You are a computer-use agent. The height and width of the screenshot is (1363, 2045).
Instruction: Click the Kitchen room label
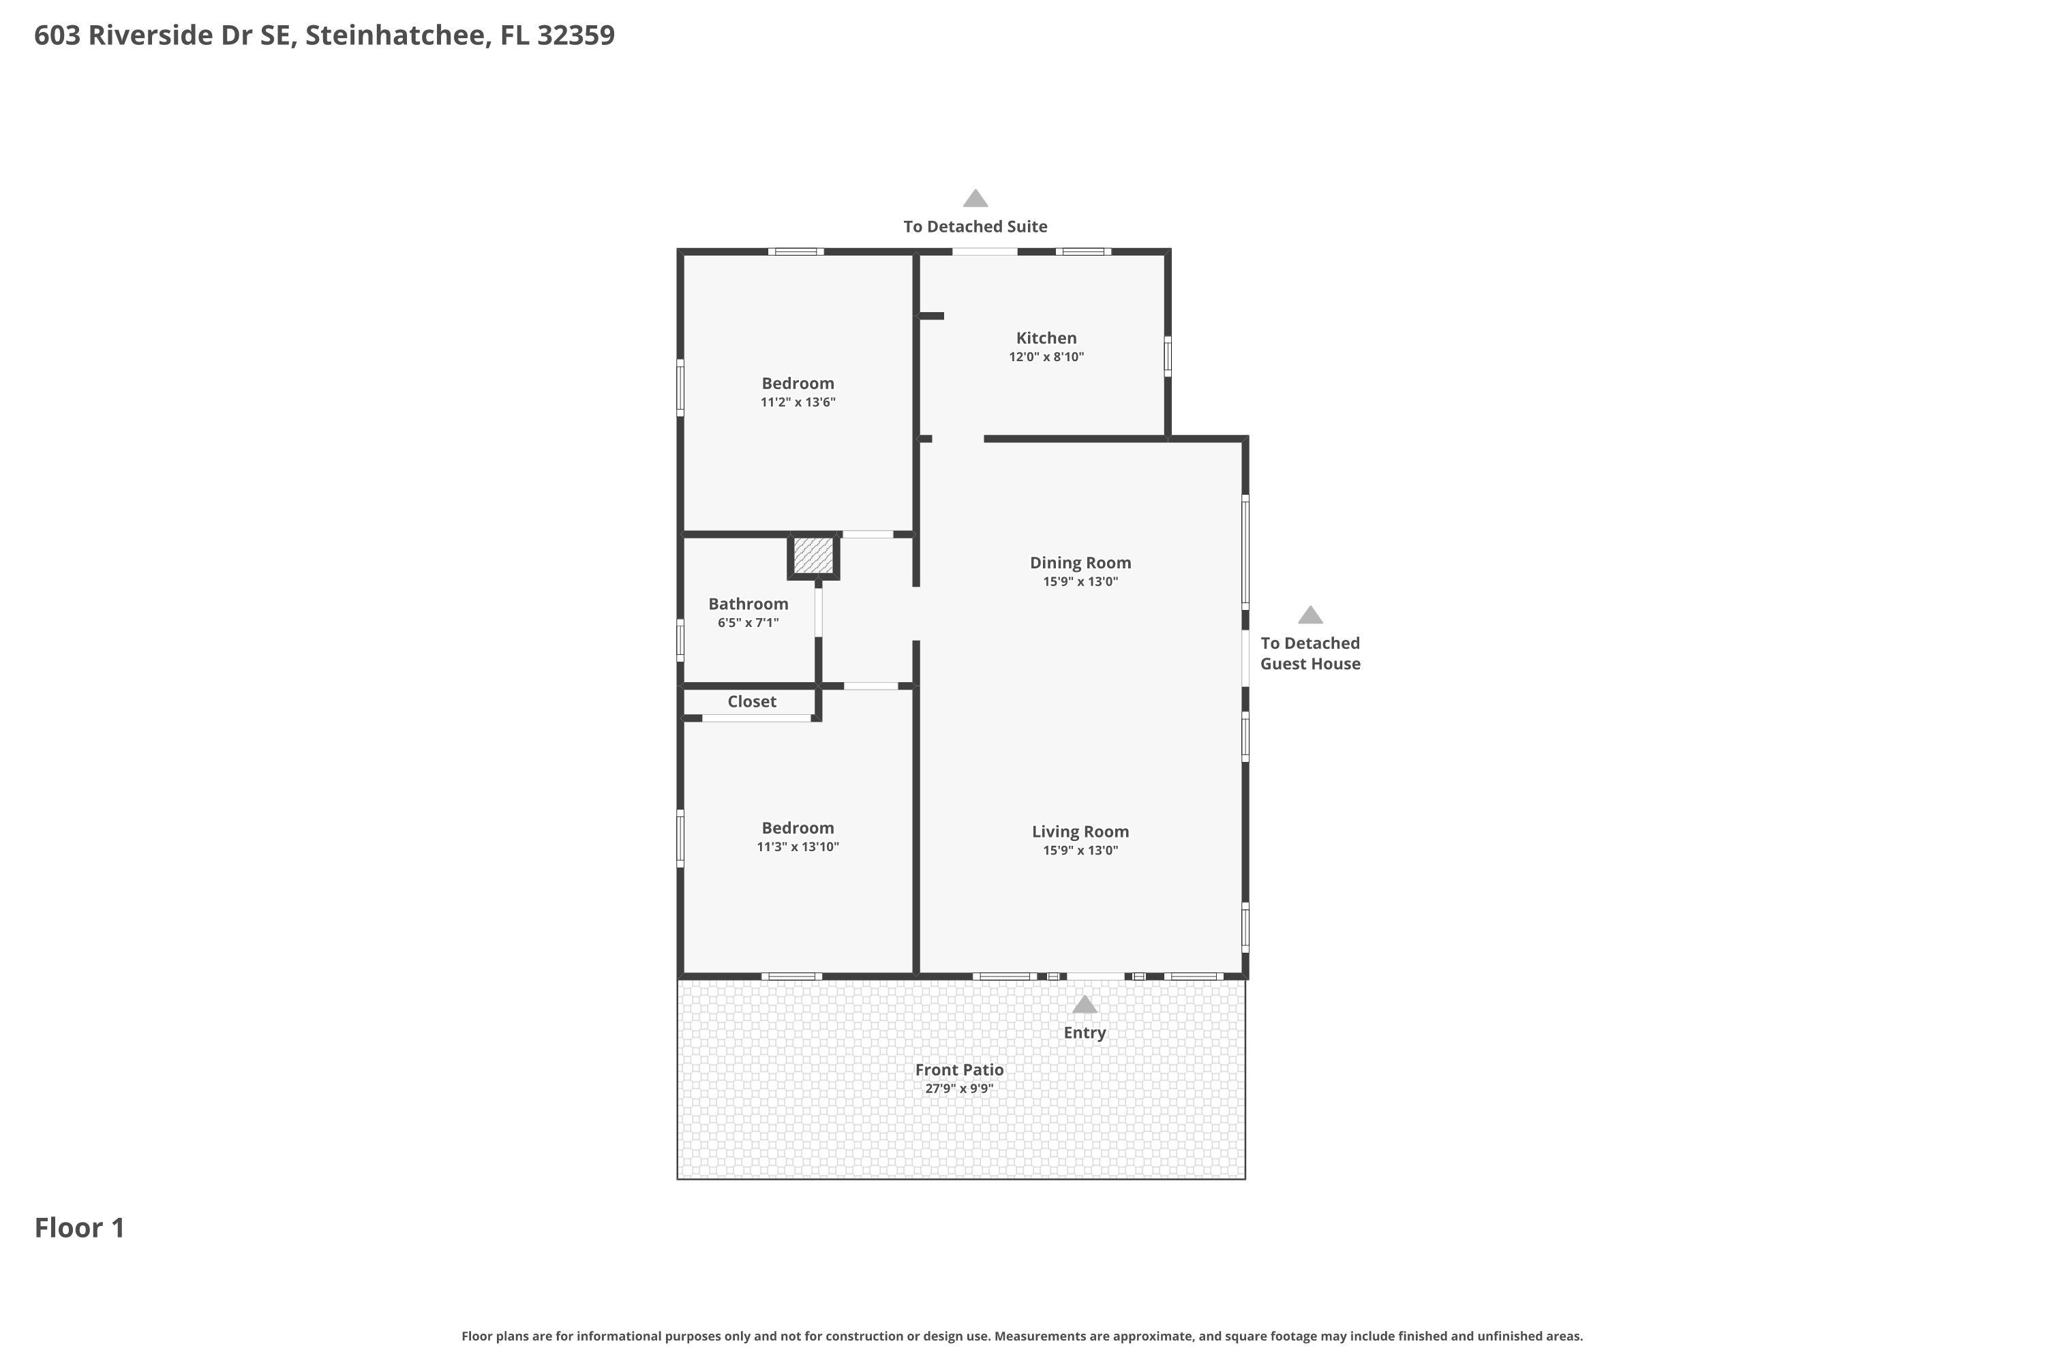tap(1046, 338)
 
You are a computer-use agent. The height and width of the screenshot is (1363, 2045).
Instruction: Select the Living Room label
tap(1080, 832)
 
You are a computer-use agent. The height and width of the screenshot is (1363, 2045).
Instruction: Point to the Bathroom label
tap(748, 604)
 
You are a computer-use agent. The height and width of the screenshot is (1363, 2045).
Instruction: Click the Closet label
tap(751, 701)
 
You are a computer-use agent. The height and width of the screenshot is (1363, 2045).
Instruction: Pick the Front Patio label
tap(959, 1070)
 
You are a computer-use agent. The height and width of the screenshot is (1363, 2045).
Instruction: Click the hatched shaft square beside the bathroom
tap(813, 555)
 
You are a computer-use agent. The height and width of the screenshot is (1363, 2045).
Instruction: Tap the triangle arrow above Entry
tap(1085, 1005)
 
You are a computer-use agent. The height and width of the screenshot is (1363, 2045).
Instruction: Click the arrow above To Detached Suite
tap(975, 198)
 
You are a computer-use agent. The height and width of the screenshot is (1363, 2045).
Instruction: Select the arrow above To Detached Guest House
tap(1310, 615)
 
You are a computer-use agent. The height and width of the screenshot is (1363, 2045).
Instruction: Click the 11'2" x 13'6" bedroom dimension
tap(798, 403)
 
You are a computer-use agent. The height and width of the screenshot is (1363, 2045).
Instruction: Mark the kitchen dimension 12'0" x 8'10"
tap(1046, 357)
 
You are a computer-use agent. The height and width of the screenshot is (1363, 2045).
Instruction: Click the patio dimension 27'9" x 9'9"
tap(959, 1089)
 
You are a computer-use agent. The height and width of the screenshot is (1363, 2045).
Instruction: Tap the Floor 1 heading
tap(80, 1228)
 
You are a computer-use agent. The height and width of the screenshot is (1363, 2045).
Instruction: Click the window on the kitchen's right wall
tap(1168, 356)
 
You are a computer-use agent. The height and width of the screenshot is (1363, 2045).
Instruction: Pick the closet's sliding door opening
tap(757, 718)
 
